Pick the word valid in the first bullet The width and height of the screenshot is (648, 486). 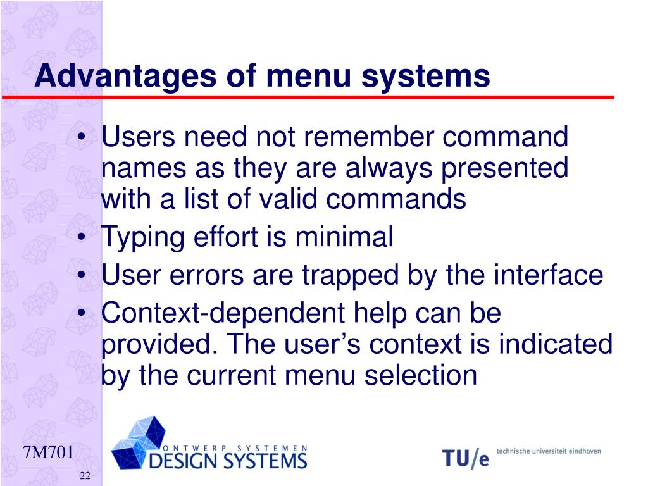tap(291, 199)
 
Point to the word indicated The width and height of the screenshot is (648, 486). tap(555, 344)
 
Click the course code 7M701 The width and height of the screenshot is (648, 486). tap(48, 453)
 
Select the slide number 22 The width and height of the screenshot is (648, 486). tap(85, 476)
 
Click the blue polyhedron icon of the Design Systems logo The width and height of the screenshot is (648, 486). tap(139, 441)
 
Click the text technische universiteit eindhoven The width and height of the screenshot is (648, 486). tap(548, 451)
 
